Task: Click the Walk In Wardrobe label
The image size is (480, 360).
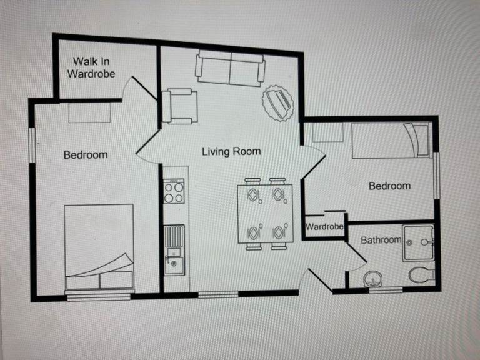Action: (x=91, y=67)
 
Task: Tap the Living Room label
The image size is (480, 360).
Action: (x=231, y=151)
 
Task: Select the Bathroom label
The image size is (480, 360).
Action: (x=381, y=240)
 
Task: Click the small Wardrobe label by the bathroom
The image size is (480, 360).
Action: (x=324, y=226)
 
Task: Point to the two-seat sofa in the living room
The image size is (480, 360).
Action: (x=230, y=68)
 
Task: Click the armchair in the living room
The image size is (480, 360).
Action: (x=180, y=106)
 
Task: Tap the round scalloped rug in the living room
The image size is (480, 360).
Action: (x=278, y=103)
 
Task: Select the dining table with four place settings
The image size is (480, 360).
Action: (x=265, y=214)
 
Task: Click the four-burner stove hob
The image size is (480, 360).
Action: (x=174, y=191)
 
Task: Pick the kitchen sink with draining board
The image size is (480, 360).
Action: (x=174, y=250)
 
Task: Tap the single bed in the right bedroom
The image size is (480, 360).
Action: (x=392, y=140)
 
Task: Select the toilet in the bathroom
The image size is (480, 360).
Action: (x=421, y=274)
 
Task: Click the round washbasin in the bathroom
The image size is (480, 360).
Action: (x=372, y=279)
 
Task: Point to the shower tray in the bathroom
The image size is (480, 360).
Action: (x=418, y=242)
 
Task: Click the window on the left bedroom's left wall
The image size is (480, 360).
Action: (x=32, y=145)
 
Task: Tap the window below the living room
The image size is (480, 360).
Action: (x=218, y=294)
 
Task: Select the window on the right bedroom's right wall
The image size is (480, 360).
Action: (x=437, y=176)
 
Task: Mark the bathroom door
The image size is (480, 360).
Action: (x=356, y=255)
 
